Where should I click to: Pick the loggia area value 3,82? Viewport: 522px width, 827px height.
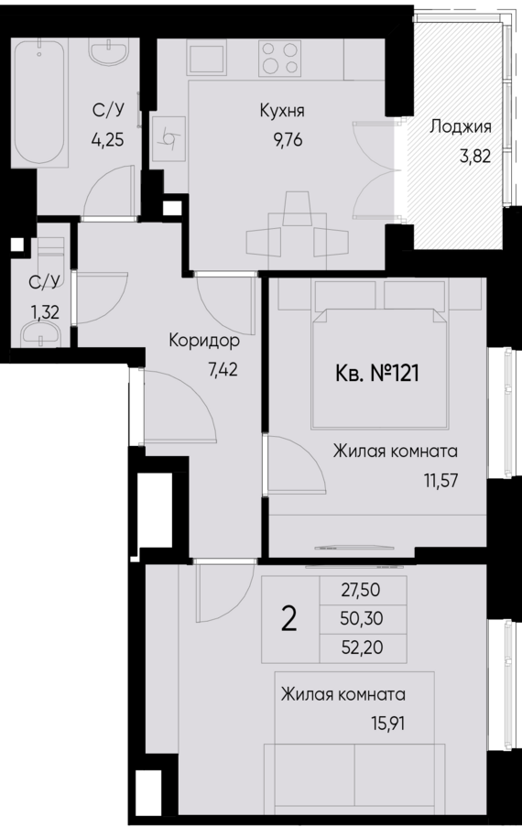[x=475, y=155]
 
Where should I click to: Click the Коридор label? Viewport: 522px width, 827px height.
[x=203, y=342]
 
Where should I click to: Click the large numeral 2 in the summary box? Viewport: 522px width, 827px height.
[x=289, y=620]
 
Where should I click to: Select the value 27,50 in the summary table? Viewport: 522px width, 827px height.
[x=361, y=592]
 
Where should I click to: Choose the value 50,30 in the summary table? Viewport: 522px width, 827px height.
[x=361, y=619]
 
